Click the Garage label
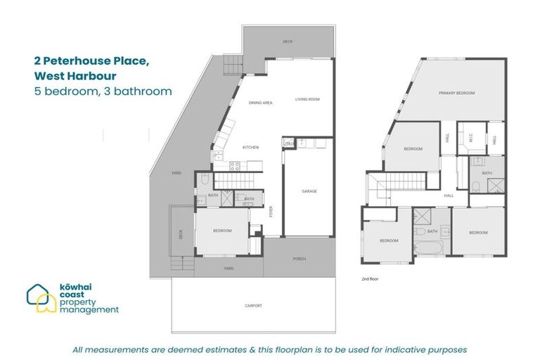(x=309, y=191)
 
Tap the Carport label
(x=254, y=305)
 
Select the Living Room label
(x=307, y=100)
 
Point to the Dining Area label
(x=260, y=103)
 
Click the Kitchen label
(x=251, y=147)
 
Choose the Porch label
(x=300, y=259)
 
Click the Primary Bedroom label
(x=457, y=93)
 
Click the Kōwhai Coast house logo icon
(x=41, y=298)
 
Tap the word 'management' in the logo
(x=89, y=309)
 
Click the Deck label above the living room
(x=288, y=42)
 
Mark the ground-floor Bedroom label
(x=222, y=231)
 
